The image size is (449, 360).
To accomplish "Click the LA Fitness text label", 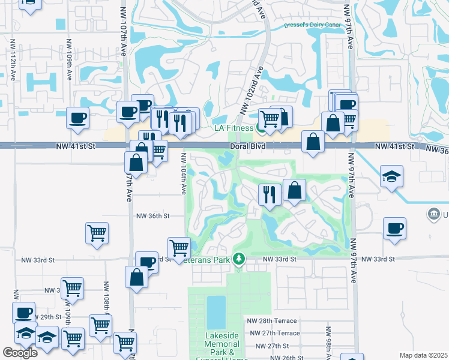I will point(234,128).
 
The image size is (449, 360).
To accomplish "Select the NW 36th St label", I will point(153,216).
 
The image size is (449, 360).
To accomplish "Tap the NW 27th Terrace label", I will point(274,333).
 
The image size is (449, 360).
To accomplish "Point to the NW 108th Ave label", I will point(106,296).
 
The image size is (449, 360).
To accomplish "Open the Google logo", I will point(20,353).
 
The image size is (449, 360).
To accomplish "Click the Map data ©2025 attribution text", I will point(423,355).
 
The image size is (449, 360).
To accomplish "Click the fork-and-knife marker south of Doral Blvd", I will point(269,194).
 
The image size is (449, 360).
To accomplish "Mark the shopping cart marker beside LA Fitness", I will point(271,119).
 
